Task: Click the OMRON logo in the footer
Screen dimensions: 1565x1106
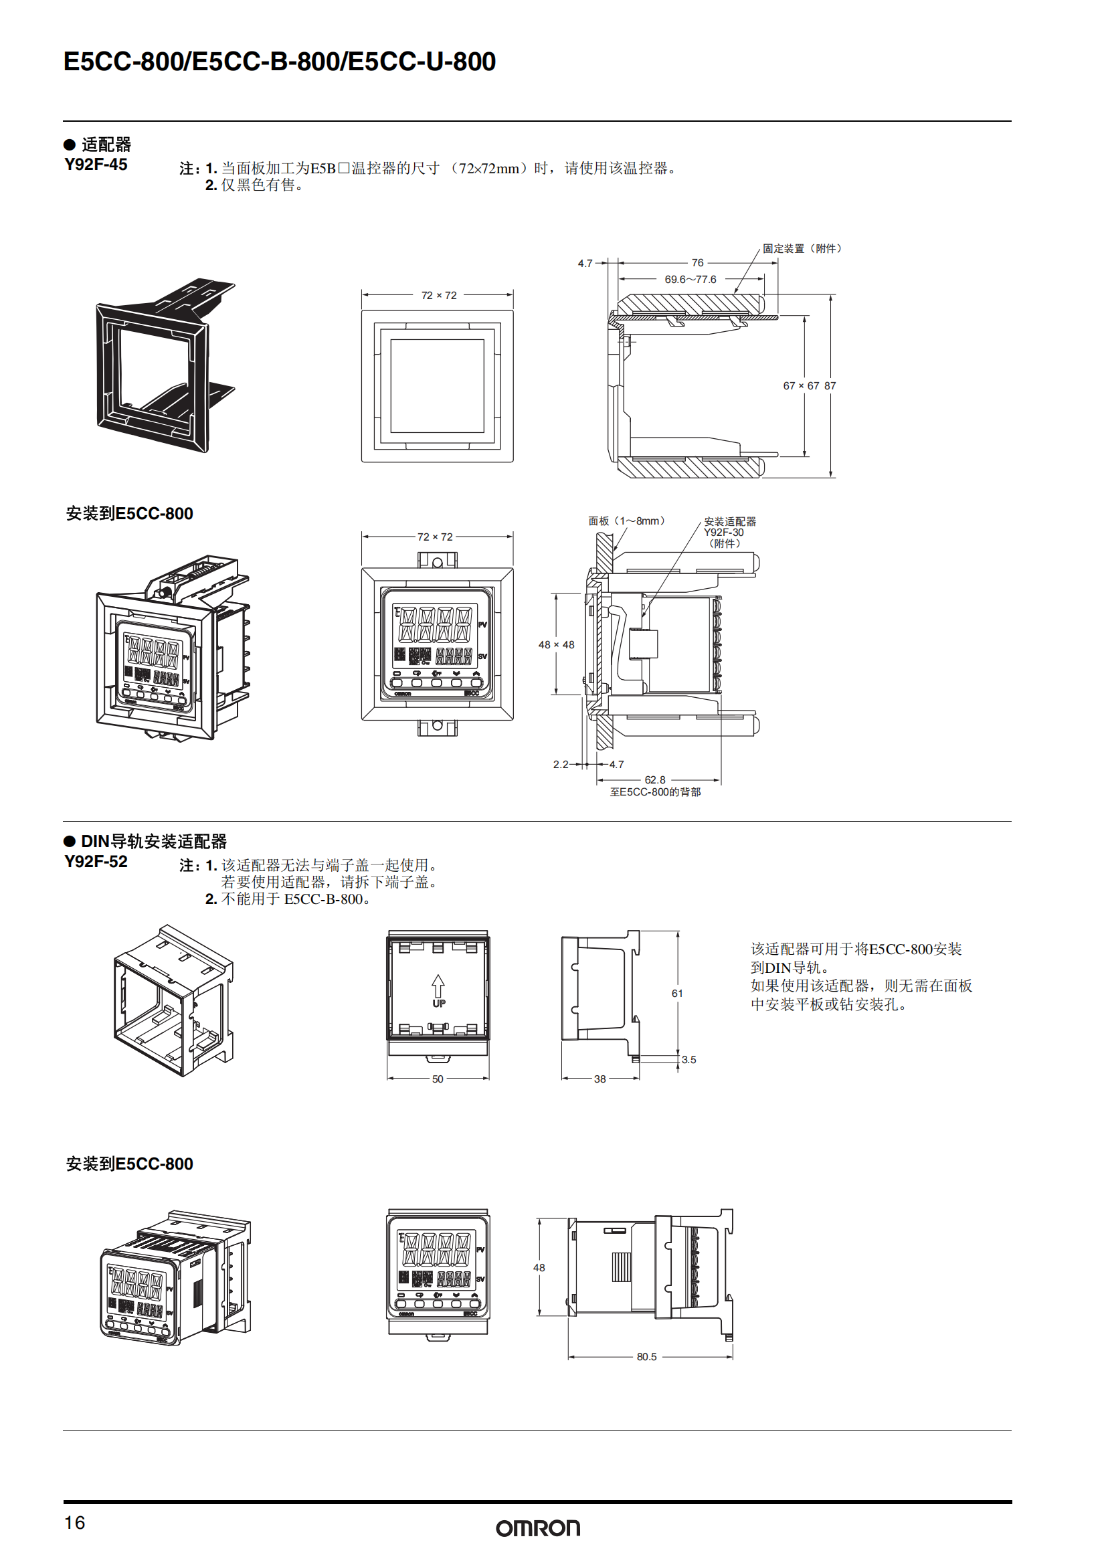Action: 538,1528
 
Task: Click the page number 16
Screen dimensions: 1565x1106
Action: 75,1523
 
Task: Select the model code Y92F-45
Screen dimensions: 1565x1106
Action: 96,165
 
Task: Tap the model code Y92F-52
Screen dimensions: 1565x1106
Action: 96,862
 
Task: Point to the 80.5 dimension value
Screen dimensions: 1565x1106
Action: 647,1356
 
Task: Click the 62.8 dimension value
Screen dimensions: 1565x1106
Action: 655,779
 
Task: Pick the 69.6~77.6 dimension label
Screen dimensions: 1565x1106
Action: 690,280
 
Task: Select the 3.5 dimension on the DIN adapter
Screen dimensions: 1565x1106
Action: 689,1060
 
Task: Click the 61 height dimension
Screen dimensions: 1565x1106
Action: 676,994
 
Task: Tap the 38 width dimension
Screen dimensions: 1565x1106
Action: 600,1079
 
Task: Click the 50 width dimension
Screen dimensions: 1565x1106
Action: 438,1079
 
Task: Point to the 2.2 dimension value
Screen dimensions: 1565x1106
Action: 560,765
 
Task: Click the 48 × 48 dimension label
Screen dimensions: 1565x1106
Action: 556,645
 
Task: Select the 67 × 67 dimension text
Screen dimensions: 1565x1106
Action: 801,386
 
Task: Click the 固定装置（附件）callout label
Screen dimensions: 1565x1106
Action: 802,249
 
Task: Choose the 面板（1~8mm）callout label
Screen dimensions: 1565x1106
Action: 626,521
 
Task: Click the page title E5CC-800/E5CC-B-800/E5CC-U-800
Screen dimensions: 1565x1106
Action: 280,62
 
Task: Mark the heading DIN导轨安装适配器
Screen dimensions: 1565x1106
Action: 153,842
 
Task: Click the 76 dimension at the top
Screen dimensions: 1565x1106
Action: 697,262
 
